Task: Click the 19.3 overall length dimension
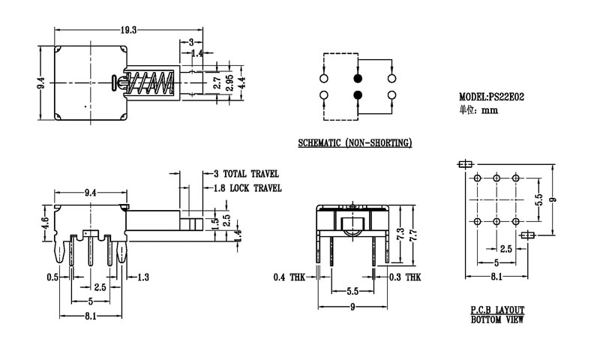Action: (130, 30)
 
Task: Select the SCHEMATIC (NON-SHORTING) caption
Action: (355, 142)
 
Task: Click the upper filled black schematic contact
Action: (357, 78)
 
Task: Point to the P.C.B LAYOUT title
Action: (497, 310)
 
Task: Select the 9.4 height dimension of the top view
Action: (41, 81)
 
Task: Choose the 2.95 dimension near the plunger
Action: (229, 82)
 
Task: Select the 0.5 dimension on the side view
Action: (52, 277)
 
